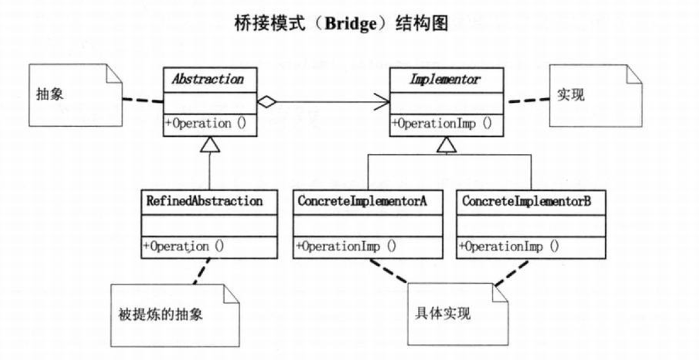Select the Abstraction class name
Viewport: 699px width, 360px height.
[208, 79]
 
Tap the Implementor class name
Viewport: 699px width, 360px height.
[446, 79]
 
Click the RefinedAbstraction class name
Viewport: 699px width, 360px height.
[204, 201]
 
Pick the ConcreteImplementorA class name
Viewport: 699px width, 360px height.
[362, 201]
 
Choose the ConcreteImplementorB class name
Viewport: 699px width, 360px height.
[526, 201]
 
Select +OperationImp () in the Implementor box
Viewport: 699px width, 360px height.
[441, 123]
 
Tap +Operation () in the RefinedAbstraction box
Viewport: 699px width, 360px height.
[183, 246]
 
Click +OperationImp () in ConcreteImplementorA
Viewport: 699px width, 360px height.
[346, 246]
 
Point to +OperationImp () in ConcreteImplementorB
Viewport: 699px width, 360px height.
[509, 246]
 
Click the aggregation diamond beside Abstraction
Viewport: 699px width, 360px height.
[266, 102]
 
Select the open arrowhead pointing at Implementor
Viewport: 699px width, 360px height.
[382, 102]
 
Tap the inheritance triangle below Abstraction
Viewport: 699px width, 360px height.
[210, 145]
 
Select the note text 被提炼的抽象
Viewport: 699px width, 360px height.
[160, 314]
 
